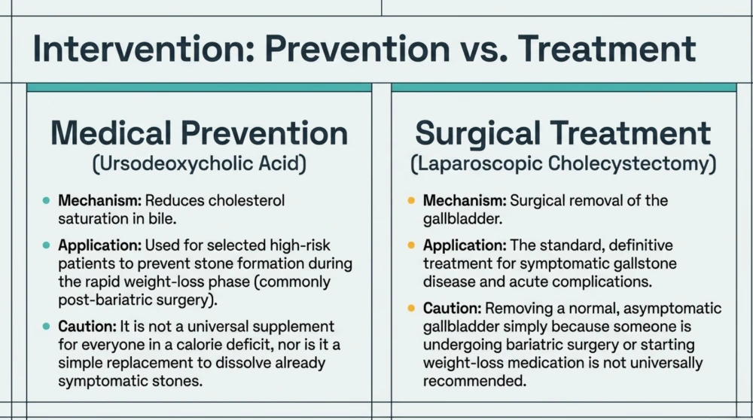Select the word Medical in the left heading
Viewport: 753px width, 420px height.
click(111, 133)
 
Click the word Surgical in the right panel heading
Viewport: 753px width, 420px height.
click(478, 133)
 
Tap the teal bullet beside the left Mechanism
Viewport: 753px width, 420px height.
click(46, 201)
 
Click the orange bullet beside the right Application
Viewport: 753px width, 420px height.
click(411, 245)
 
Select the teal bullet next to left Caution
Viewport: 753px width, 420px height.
click(46, 327)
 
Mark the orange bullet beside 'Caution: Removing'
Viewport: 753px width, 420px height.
click(411, 308)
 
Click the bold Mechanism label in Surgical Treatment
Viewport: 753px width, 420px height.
click(465, 201)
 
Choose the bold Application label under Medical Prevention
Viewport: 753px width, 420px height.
click(100, 245)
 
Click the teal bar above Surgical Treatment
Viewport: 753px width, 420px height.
click(564, 87)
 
